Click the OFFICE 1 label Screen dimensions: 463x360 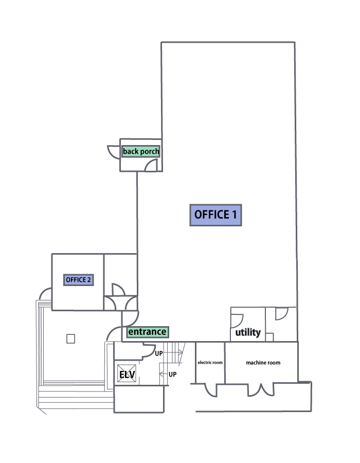coord(215,215)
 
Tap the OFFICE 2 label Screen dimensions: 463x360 coord(78,280)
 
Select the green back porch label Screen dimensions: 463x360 coord(141,152)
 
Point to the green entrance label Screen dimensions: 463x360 coord(147,332)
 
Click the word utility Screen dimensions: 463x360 coord(248,333)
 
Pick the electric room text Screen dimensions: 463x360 coord(210,363)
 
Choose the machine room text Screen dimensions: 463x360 coord(263,363)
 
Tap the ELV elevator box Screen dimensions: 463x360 coord(127,375)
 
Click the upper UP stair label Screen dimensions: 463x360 coord(159,354)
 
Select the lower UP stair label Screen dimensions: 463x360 coord(173,374)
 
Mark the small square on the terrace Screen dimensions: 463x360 coord(71,339)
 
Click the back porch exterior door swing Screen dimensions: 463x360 coord(113,152)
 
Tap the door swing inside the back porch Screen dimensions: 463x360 coord(152,165)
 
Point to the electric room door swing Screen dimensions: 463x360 coord(210,389)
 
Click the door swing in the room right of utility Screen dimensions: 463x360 coord(281,313)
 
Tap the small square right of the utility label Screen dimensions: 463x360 coord(269,337)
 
